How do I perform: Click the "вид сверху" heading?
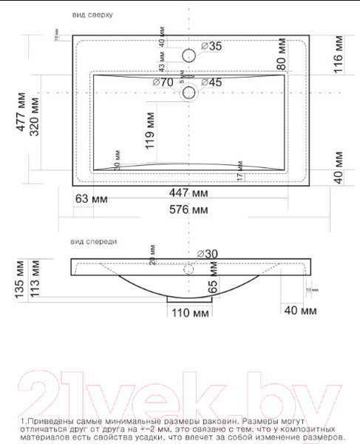(x=92, y=15)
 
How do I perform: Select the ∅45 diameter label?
(x=211, y=82)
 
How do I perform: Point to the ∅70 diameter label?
(x=163, y=82)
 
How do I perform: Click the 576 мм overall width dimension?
(x=189, y=209)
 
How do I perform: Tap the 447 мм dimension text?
(x=189, y=193)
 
